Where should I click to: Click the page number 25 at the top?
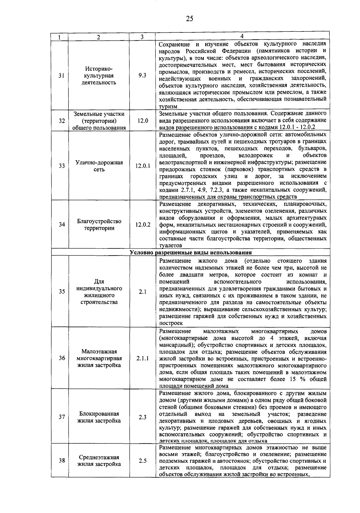[189, 19]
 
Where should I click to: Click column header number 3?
[142, 37]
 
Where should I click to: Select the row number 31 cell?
[61, 76]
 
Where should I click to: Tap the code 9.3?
[142, 76]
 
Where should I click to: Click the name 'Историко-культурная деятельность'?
[99, 76]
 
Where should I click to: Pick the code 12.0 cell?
[142, 121]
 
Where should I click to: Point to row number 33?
[61, 166]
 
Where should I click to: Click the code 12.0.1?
[142, 166]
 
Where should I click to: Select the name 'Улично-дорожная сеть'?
[99, 166]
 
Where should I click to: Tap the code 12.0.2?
[142, 224]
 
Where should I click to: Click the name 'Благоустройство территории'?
[99, 225]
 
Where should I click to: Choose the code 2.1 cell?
[142, 292]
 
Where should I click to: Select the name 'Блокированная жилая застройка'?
[99, 417]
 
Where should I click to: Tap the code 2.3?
[142, 417]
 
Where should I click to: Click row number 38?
[61, 461]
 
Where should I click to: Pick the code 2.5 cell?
[142, 461]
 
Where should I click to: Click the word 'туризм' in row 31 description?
[168, 106]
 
